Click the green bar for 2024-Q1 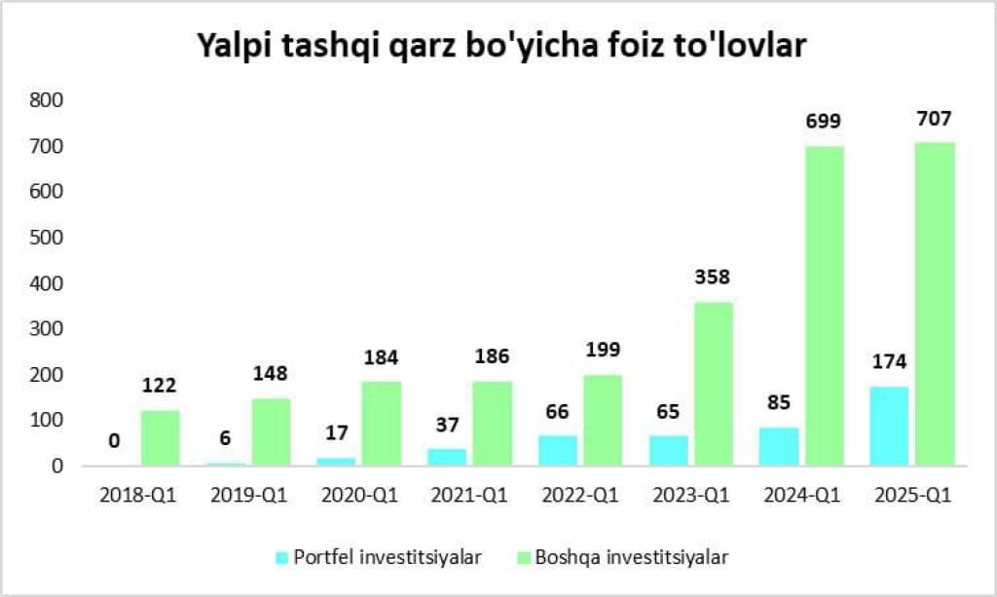824,306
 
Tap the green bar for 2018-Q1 160,438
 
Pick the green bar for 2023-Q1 713,384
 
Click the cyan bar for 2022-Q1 557,450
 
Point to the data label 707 934,119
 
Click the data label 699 823,122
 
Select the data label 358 713,278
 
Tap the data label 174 889,362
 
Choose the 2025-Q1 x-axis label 911,496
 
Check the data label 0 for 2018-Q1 114,441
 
